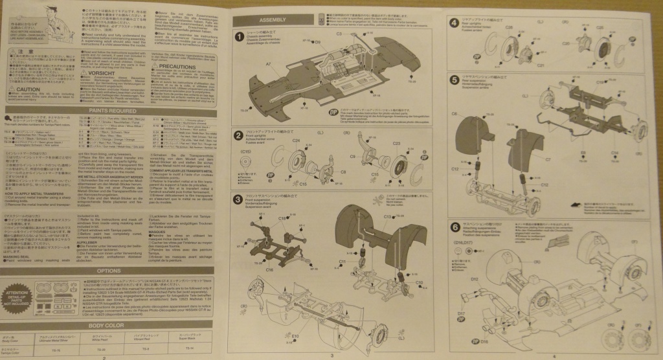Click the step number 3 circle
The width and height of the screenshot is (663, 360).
click(240, 197)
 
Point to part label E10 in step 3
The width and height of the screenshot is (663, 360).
click(295, 335)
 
